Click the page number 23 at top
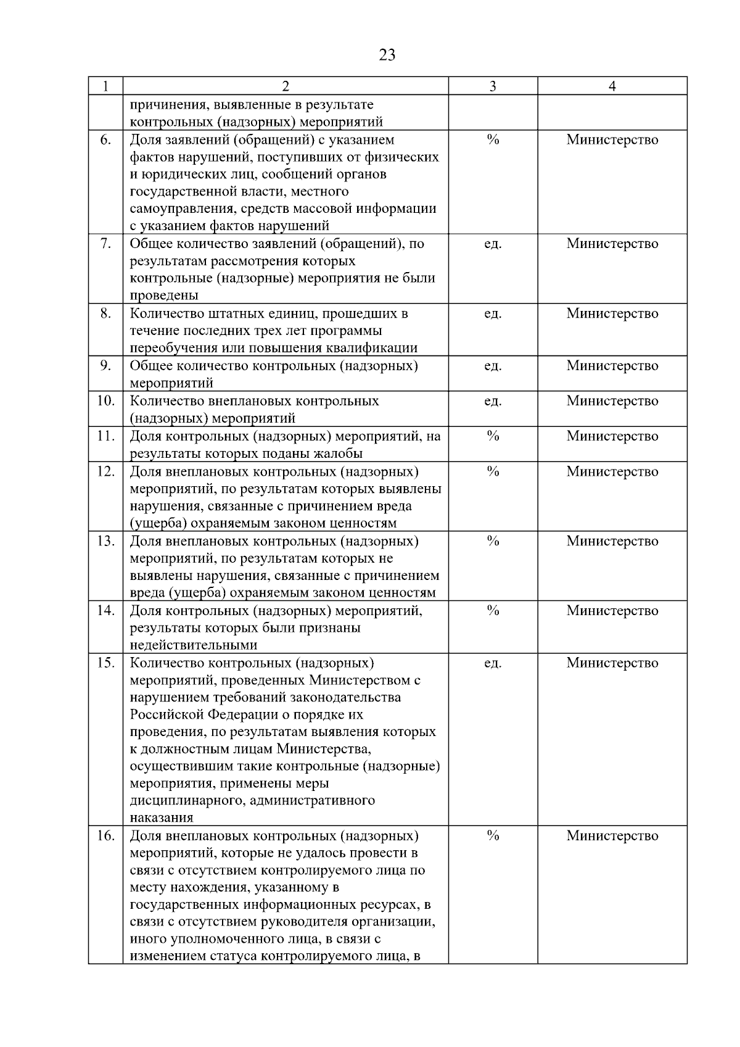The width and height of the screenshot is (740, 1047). pyautogui.click(x=387, y=56)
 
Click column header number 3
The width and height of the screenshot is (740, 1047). pyautogui.click(x=493, y=86)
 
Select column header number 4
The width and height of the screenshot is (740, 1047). pyautogui.click(x=612, y=86)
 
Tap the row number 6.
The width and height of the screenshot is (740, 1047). pyautogui.click(x=105, y=140)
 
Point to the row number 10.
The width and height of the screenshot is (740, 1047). pyautogui.click(x=105, y=401)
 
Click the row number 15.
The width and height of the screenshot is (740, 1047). pyautogui.click(x=105, y=663)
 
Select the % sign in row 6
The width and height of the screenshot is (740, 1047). pyautogui.click(x=493, y=140)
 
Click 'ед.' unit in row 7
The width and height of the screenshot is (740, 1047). pyautogui.click(x=493, y=244)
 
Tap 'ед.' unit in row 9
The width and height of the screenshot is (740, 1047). pyautogui.click(x=493, y=366)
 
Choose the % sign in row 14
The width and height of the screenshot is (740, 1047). pyautogui.click(x=493, y=611)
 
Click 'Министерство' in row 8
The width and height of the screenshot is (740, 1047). pyautogui.click(x=612, y=313)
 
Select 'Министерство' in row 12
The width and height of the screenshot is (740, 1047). pyautogui.click(x=612, y=472)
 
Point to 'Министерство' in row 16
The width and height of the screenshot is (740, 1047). pyautogui.click(x=612, y=836)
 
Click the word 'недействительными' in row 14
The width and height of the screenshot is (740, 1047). pyautogui.click(x=194, y=645)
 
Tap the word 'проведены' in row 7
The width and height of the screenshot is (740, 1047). pyautogui.click(x=164, y=296)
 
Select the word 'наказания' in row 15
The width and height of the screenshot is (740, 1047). pyautogui.click(x=162, y=819)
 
